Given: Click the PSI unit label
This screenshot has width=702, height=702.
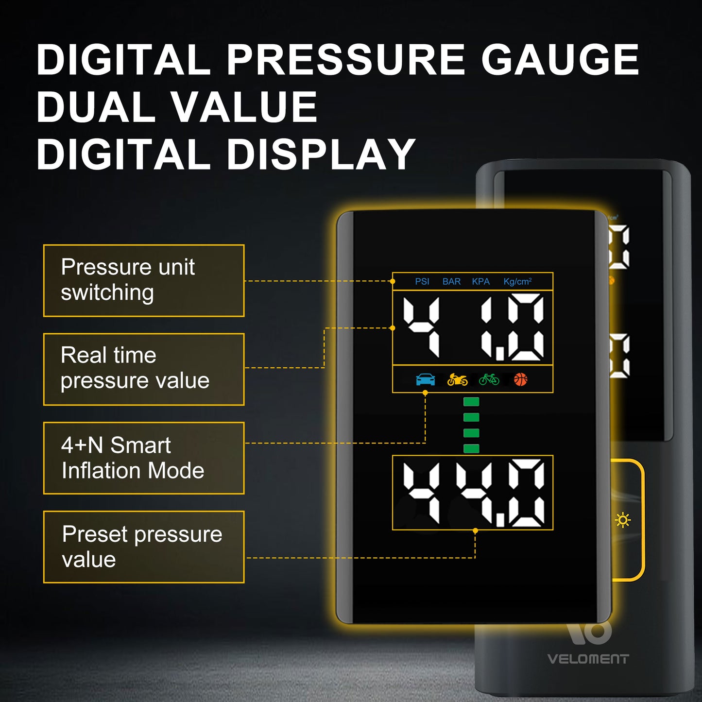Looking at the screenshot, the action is pos(422,282).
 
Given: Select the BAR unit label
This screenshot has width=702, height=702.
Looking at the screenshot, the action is pos(451,282).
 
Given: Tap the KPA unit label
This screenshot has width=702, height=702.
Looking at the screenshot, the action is pos(480,282).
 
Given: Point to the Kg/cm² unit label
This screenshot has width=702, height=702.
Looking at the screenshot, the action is pos(517,282).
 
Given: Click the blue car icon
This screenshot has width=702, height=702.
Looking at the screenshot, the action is pos(425,379).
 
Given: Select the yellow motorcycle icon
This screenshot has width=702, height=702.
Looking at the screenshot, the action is pos(457,379).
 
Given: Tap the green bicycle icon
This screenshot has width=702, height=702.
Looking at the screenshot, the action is pos(489,379).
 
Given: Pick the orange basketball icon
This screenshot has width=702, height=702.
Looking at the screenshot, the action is pos(521,379).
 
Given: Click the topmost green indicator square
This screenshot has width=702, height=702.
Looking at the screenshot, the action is pos(471,402).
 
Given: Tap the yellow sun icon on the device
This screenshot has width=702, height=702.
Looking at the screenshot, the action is pos(623,520).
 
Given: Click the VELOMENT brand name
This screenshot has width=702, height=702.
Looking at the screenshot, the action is pos(588,659).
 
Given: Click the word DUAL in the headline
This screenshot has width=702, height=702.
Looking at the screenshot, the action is pos(96,106).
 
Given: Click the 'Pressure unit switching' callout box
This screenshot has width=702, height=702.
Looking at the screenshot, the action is pos(143,280).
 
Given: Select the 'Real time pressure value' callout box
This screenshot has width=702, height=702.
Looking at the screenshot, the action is pos(143,369).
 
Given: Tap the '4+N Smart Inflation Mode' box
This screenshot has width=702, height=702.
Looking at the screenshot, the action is pos(143,458).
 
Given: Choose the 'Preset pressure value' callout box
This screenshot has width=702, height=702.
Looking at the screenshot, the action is pos(143,547).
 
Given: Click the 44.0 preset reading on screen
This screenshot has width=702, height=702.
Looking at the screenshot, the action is pos(474,493).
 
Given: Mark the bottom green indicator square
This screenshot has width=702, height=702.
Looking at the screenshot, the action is pos(471,448).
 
